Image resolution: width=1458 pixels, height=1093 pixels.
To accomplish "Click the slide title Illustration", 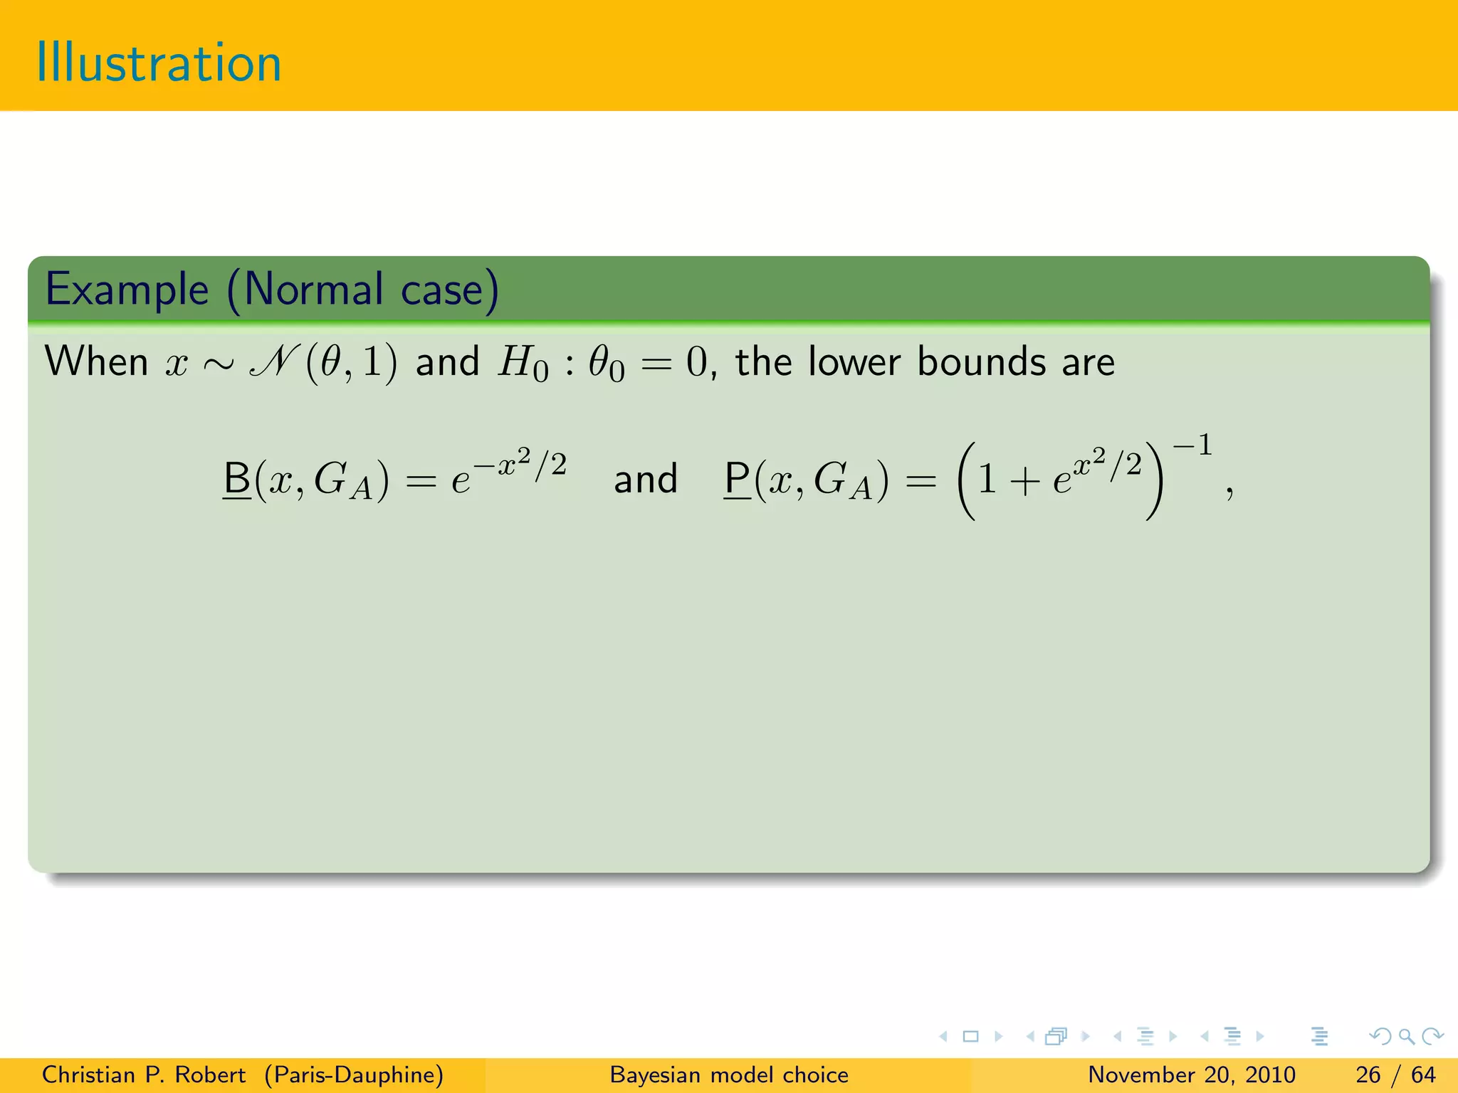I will point(159,63).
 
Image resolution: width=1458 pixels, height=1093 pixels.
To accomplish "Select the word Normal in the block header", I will point(313,290).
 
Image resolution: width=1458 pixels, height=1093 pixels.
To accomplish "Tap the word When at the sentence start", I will point(97,361).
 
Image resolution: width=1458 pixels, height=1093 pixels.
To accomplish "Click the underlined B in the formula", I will point(237,478).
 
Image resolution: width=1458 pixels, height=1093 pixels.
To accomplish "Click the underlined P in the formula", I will point(738,478).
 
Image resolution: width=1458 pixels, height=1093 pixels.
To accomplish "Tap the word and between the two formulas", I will point(645,479).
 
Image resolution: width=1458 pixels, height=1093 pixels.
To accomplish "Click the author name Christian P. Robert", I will point(144,1074).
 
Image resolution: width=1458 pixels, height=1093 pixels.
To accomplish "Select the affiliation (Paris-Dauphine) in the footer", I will point(354,1074).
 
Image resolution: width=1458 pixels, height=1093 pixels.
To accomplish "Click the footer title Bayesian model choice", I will point(729,1074).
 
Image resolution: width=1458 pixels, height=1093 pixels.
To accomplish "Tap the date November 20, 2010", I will point(1192,1074).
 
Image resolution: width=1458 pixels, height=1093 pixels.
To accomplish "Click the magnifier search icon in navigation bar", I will point(1406,1036).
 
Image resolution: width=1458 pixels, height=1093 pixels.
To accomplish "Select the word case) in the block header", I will point(450,290).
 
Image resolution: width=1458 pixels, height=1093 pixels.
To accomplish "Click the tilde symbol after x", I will point(218,365).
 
